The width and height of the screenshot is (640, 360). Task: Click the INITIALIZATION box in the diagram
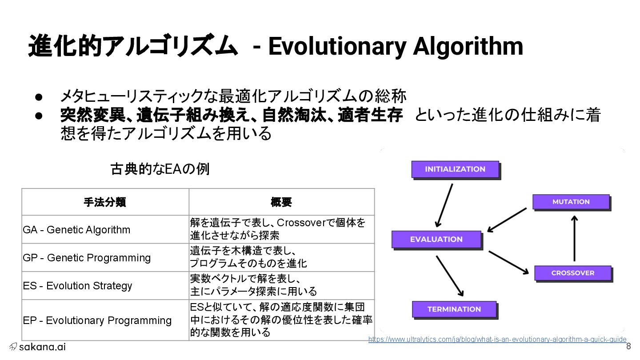455,169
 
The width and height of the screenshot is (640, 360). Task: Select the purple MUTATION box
571,202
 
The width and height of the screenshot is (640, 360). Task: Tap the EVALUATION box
436,239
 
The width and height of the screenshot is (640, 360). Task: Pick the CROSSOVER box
572,273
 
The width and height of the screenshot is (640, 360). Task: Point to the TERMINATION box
454,309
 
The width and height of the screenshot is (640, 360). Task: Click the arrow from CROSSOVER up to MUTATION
574,238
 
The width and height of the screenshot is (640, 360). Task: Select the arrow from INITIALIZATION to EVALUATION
444,205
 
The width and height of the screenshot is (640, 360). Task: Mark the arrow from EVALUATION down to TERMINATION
449,276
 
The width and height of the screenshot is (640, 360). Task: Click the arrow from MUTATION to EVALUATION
507,220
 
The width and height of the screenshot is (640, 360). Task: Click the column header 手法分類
105,203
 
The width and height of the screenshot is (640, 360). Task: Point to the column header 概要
281,203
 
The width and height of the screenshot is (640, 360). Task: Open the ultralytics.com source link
497,340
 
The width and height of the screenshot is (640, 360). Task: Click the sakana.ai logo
37,347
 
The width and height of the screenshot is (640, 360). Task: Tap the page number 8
628,347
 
